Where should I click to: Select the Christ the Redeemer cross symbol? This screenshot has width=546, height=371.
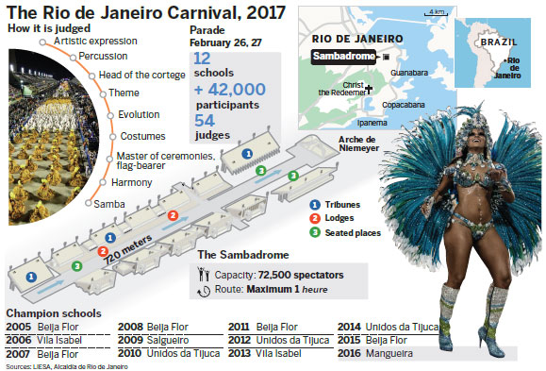click(369, 88)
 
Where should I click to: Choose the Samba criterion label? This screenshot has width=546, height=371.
click(107, 204)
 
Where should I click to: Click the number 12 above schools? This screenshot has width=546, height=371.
click(203, 59)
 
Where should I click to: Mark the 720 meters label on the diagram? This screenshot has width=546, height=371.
click(131, 252)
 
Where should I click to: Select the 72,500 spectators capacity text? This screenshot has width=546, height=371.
click(300, 275)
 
